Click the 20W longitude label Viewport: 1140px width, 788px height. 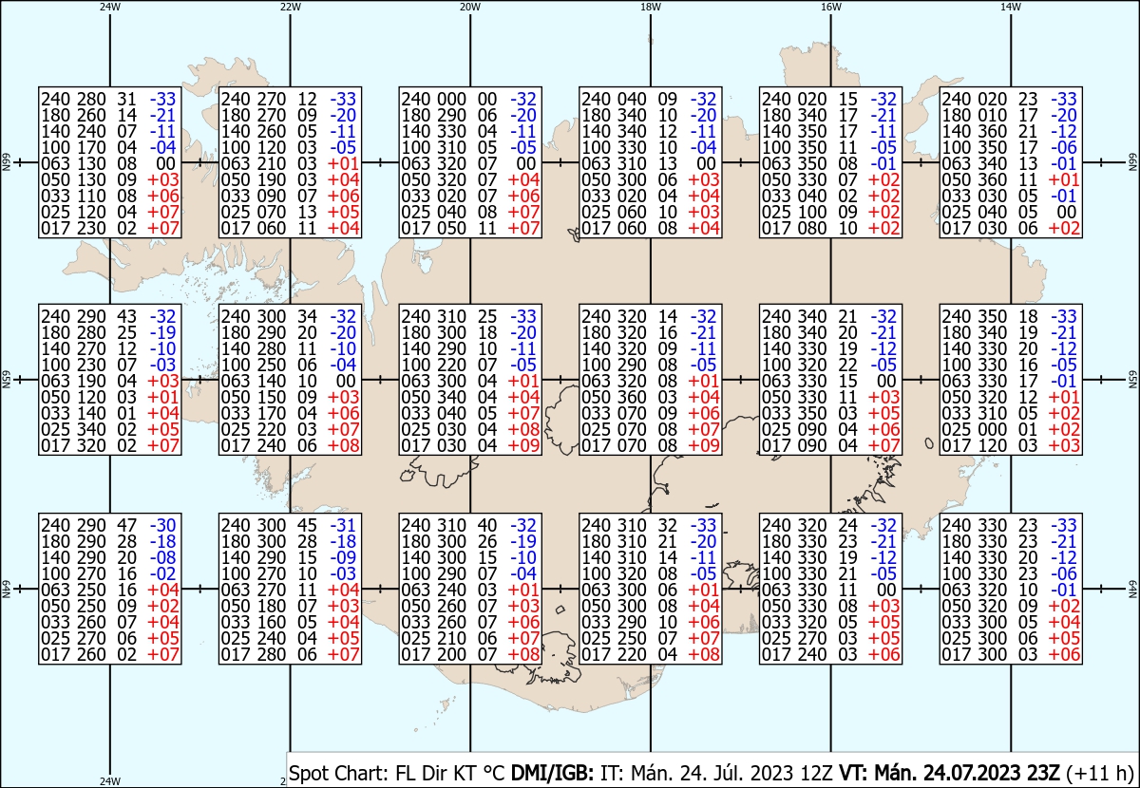coord(470,7)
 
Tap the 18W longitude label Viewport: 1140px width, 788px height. coord(651,7)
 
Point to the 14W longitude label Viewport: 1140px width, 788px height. coord(1011,7)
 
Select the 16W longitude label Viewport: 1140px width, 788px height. coord(830,7)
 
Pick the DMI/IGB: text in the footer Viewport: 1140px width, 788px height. coord(552,773)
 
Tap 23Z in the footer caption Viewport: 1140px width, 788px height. coord(1041,773)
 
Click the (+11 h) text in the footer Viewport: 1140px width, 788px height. coord(1099,773)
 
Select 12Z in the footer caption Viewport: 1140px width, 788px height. coord(815,773)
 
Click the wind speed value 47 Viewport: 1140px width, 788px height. coord(126,525)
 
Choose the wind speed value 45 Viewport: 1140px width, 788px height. coord(307,525)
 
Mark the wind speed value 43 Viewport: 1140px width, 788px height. coord(126,316)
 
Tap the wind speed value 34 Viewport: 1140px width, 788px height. coord(307,316)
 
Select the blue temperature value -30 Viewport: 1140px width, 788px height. coord(162,525)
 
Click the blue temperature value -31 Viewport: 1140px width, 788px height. coord(343,525)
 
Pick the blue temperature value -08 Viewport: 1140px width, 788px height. coord(162,557)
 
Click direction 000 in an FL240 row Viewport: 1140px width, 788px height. coord(451,99)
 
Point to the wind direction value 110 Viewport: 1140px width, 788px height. coord(91,196)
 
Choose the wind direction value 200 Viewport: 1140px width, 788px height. coord(451,654)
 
